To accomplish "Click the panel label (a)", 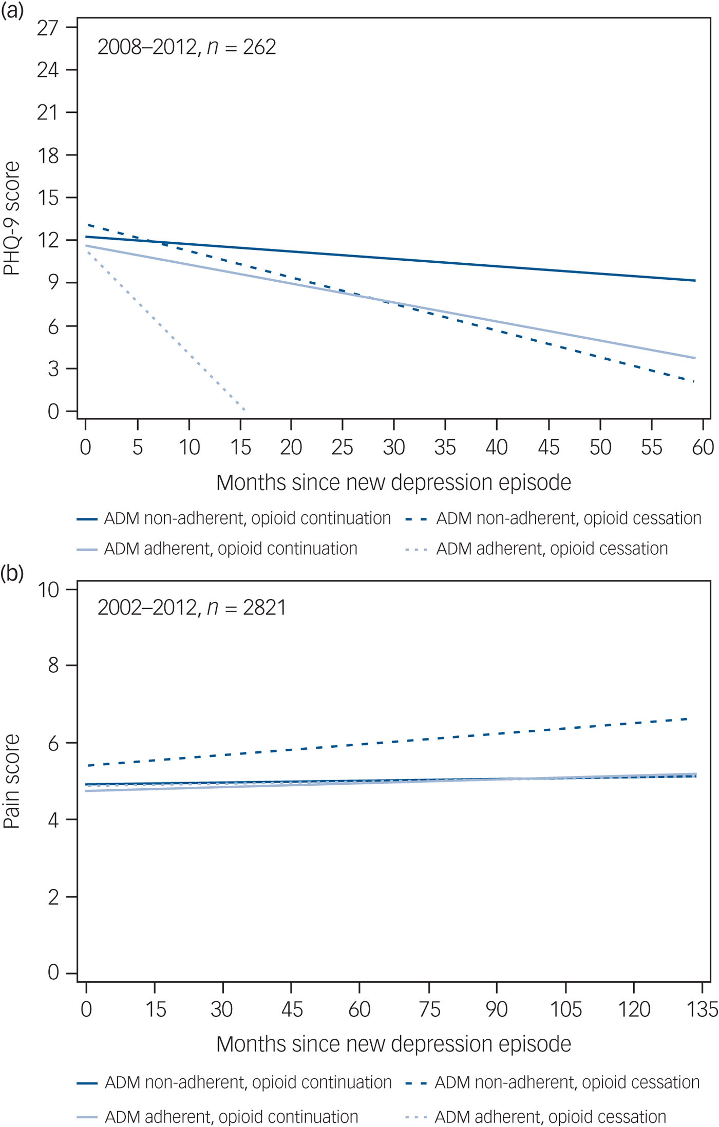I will (x=12, y=10).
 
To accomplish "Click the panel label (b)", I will (x=12, y=573).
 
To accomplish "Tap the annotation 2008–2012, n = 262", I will (x=186, y=47).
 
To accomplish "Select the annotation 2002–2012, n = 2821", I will (x=192, y=608).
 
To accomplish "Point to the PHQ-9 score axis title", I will (x=11, y=218).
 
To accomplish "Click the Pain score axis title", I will (x=11, y=781).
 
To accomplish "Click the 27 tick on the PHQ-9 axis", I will (x=48, y=28).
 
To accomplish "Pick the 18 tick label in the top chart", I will (x=48, y=156).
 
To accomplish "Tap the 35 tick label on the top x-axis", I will (x=445, y=448).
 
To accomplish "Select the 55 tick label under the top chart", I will (x=651, y=448).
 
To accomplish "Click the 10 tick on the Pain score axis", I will (x=49, y=590).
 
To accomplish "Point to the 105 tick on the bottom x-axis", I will (x=565, y=1009).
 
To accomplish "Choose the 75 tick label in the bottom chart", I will (x=429, y=1009).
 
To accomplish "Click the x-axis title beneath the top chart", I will (x=393, y=483).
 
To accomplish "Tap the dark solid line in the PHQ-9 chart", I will (x=390, y=259).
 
